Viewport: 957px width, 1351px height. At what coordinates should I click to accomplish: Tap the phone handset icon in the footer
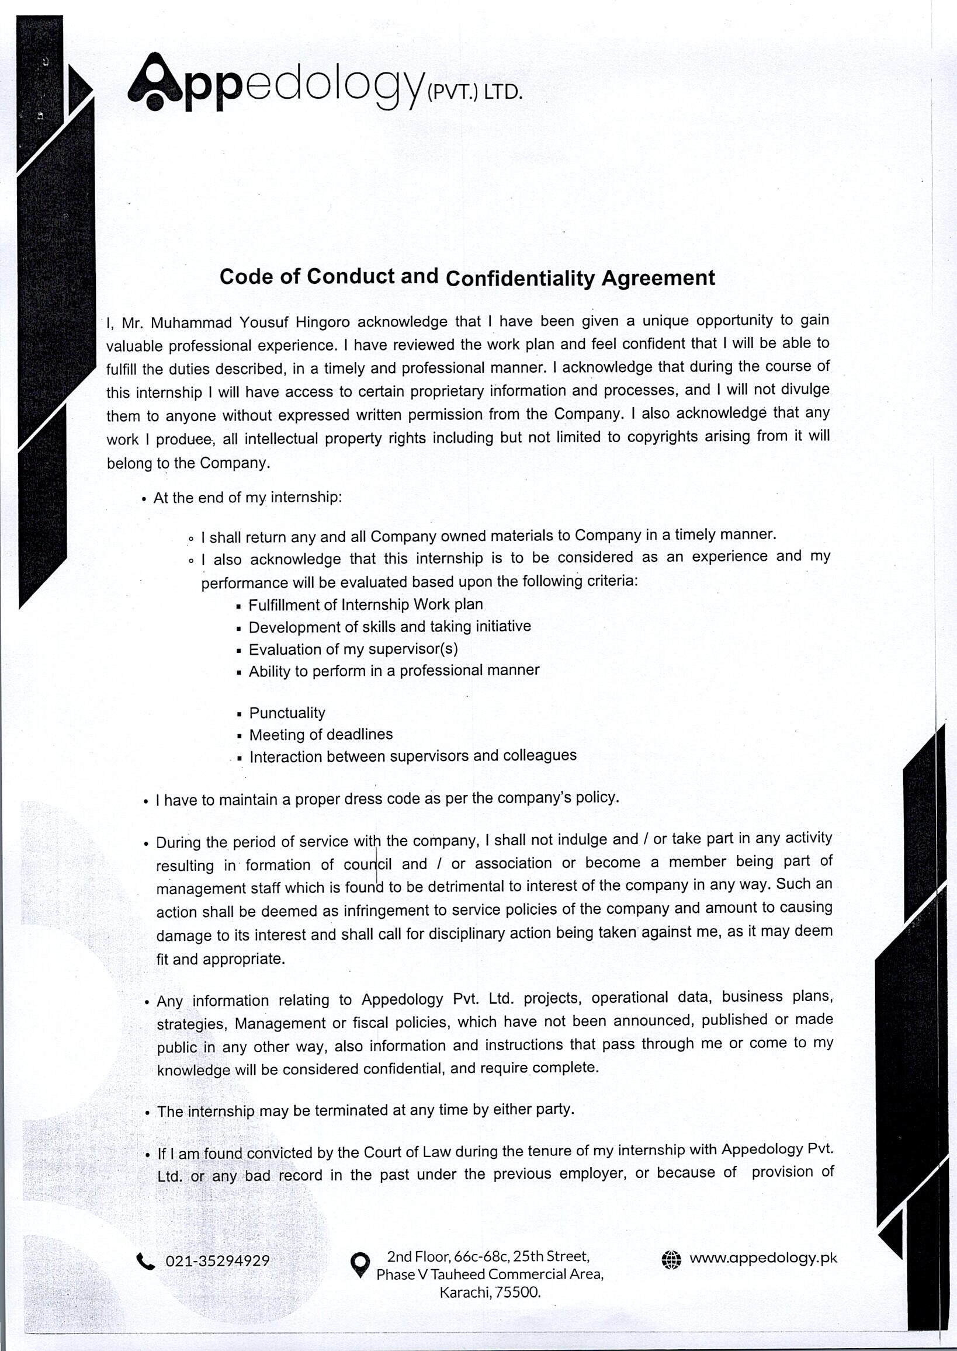point(145,1261)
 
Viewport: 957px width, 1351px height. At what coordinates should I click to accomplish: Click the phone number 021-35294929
point(217,1261)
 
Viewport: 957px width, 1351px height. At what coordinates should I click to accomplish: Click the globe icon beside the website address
point(671,1259)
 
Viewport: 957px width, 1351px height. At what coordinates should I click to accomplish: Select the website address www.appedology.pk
point(763,1258)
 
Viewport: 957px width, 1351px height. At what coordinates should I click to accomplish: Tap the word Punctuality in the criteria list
point(287,713)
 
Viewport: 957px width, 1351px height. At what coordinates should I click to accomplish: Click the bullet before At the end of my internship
point(144,499)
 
